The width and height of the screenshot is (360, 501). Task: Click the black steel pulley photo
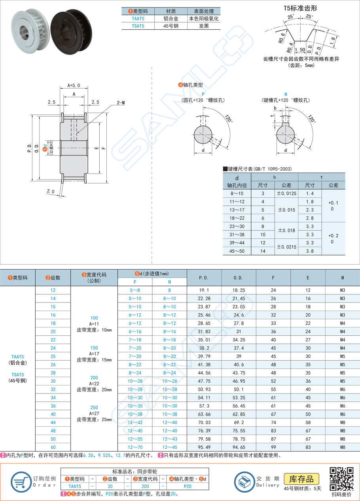tap(71, 31)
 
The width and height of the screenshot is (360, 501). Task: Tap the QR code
tap(341, 479)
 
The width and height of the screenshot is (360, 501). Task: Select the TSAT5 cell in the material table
tap(138, 26)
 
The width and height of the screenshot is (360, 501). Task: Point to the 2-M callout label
tap(121, 102)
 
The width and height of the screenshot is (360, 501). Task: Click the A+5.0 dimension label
tap(74, 85)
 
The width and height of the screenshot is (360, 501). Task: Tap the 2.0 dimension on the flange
tap(50, 191)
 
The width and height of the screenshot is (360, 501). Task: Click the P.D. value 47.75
tap(204, 381)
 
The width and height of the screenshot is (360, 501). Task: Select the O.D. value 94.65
tap(239, 447)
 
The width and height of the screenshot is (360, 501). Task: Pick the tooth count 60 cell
tap(53, 447)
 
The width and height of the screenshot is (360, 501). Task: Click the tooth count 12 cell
tap(53, 290)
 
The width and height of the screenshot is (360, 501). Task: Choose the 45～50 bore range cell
tap(237, 251)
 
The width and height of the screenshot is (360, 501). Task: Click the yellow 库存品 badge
tap(301, 479)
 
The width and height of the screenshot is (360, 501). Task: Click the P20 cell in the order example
tap(188, 486)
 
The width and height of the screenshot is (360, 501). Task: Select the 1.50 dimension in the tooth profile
tap(300, 49)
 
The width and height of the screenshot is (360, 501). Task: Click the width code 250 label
tap(94, 407)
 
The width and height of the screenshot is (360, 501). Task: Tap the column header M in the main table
tap(342, 278)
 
